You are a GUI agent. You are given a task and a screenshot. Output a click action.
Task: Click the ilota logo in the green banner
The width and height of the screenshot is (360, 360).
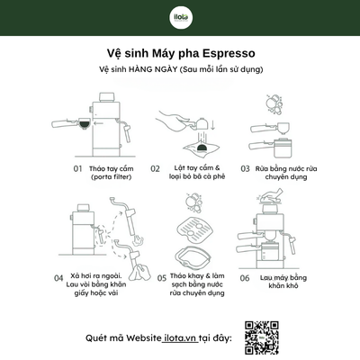181,17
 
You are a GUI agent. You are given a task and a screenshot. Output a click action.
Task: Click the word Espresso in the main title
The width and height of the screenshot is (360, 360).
229,53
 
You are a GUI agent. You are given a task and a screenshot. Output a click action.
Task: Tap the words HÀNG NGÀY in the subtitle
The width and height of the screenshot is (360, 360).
153,69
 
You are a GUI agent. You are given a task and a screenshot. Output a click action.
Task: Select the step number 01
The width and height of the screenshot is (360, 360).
77,168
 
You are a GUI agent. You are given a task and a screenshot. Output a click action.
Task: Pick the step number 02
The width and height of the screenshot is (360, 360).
155,168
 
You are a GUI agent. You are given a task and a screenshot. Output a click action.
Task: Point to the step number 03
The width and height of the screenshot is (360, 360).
245,168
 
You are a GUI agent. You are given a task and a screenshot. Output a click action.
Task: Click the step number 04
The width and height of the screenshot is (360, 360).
58,278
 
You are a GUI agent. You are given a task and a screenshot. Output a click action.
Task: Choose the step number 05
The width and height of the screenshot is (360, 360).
162,278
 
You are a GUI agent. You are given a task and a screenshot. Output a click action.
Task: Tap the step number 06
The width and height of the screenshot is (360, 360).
245,278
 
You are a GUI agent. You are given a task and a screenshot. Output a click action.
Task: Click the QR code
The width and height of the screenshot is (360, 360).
262,337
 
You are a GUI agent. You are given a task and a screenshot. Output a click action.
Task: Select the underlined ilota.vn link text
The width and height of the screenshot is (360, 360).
180,338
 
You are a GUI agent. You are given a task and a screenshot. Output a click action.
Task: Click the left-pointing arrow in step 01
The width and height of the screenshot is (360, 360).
98,123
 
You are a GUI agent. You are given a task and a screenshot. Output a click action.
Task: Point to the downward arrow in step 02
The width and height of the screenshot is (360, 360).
212,125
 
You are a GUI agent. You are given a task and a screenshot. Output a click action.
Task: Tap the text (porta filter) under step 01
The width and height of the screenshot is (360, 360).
112,177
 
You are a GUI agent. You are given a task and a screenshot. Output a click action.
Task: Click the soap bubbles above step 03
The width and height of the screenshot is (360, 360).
274,103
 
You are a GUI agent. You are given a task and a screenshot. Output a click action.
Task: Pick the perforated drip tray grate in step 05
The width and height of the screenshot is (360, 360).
195,227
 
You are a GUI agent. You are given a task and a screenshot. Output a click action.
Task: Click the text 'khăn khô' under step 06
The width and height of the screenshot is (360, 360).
283,285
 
